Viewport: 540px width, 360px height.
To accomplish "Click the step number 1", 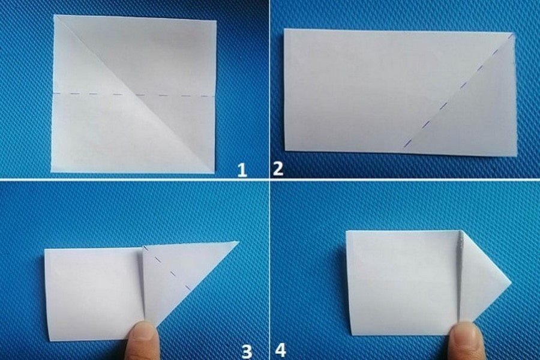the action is click(x=242, y=170).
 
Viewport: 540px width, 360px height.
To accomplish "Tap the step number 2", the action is click(x=278, y=169).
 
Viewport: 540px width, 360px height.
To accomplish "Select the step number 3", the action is click(x=247, y=352).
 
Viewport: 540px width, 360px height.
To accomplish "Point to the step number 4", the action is click(x=280, y=350).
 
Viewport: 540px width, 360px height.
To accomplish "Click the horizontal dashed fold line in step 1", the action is click(x=134, y=94).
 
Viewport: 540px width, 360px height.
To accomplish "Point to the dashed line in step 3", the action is click(x=167, y=269).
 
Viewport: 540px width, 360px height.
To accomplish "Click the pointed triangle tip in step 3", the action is click(x=239, y=241).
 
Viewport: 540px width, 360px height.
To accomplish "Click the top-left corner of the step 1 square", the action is click(x=55, y=15).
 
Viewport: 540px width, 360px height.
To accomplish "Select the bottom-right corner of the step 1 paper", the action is click(x=213, y=173).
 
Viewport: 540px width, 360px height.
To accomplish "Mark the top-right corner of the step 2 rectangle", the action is click(x=514, y=33).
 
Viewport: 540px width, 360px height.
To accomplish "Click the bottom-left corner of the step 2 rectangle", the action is click(x=285, y=150).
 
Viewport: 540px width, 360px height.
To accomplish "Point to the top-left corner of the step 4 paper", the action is click(x=346, y=231).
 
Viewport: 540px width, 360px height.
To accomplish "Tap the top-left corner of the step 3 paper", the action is click(x=45, y=249).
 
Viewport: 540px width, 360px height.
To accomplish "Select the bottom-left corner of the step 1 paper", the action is click(x=52, y=172).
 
